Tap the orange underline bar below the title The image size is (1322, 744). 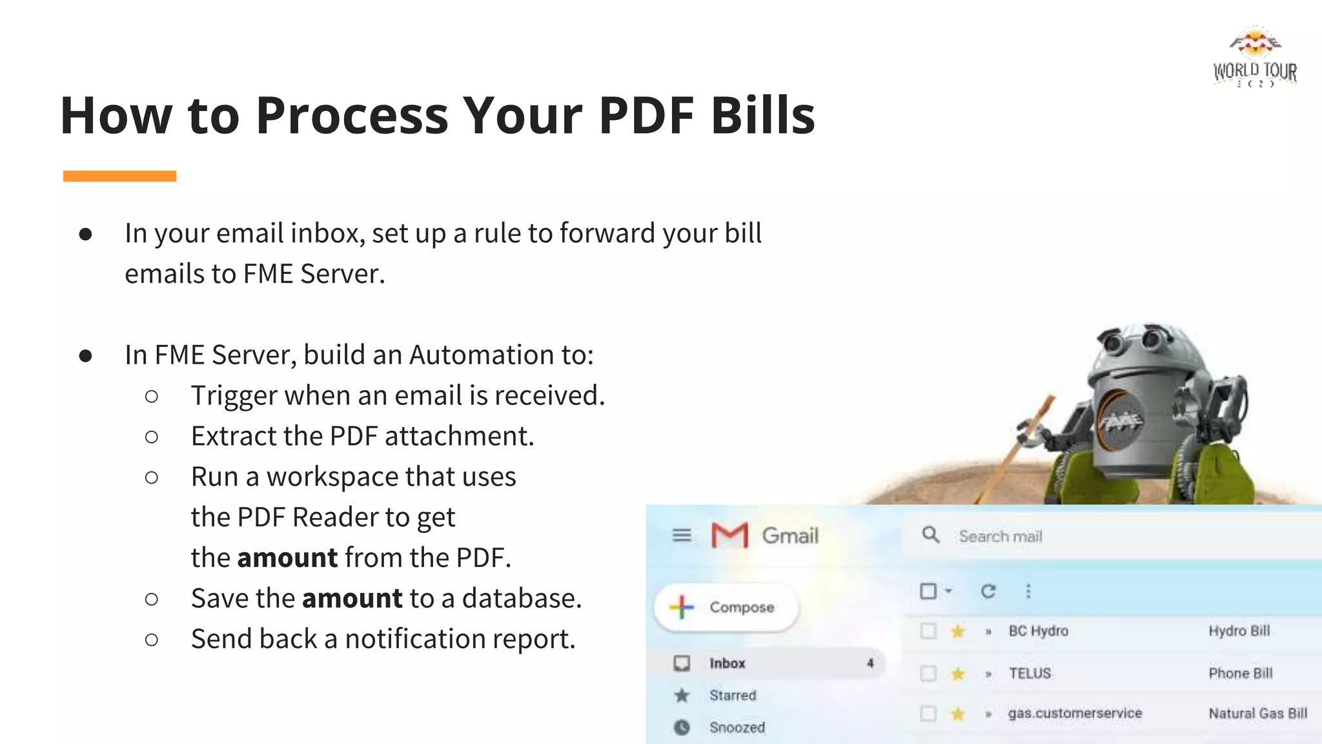pos(119,176)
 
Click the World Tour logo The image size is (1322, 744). pos(1255,57)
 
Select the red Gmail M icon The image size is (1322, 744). pos(729,535)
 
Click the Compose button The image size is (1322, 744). pos(726,607)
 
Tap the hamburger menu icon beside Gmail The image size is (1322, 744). pos(682,535)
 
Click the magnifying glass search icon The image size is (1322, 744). pos(930,535)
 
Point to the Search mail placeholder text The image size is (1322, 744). pos(1000,537)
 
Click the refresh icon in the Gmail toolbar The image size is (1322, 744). pos(988,591)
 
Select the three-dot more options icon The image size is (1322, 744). pos(1028,591)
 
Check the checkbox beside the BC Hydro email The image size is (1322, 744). pos(928,631)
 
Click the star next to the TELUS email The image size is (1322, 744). pos(958,674)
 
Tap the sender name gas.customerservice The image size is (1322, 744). pos(1075,714)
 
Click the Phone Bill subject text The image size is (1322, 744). pos(1240,674)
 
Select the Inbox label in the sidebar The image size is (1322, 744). pos(727,663)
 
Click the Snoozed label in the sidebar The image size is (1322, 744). pos(737,728)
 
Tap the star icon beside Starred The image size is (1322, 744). pos(682,696)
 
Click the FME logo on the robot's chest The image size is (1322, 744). pos(1121,420)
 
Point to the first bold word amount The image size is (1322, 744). pos(287,558)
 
